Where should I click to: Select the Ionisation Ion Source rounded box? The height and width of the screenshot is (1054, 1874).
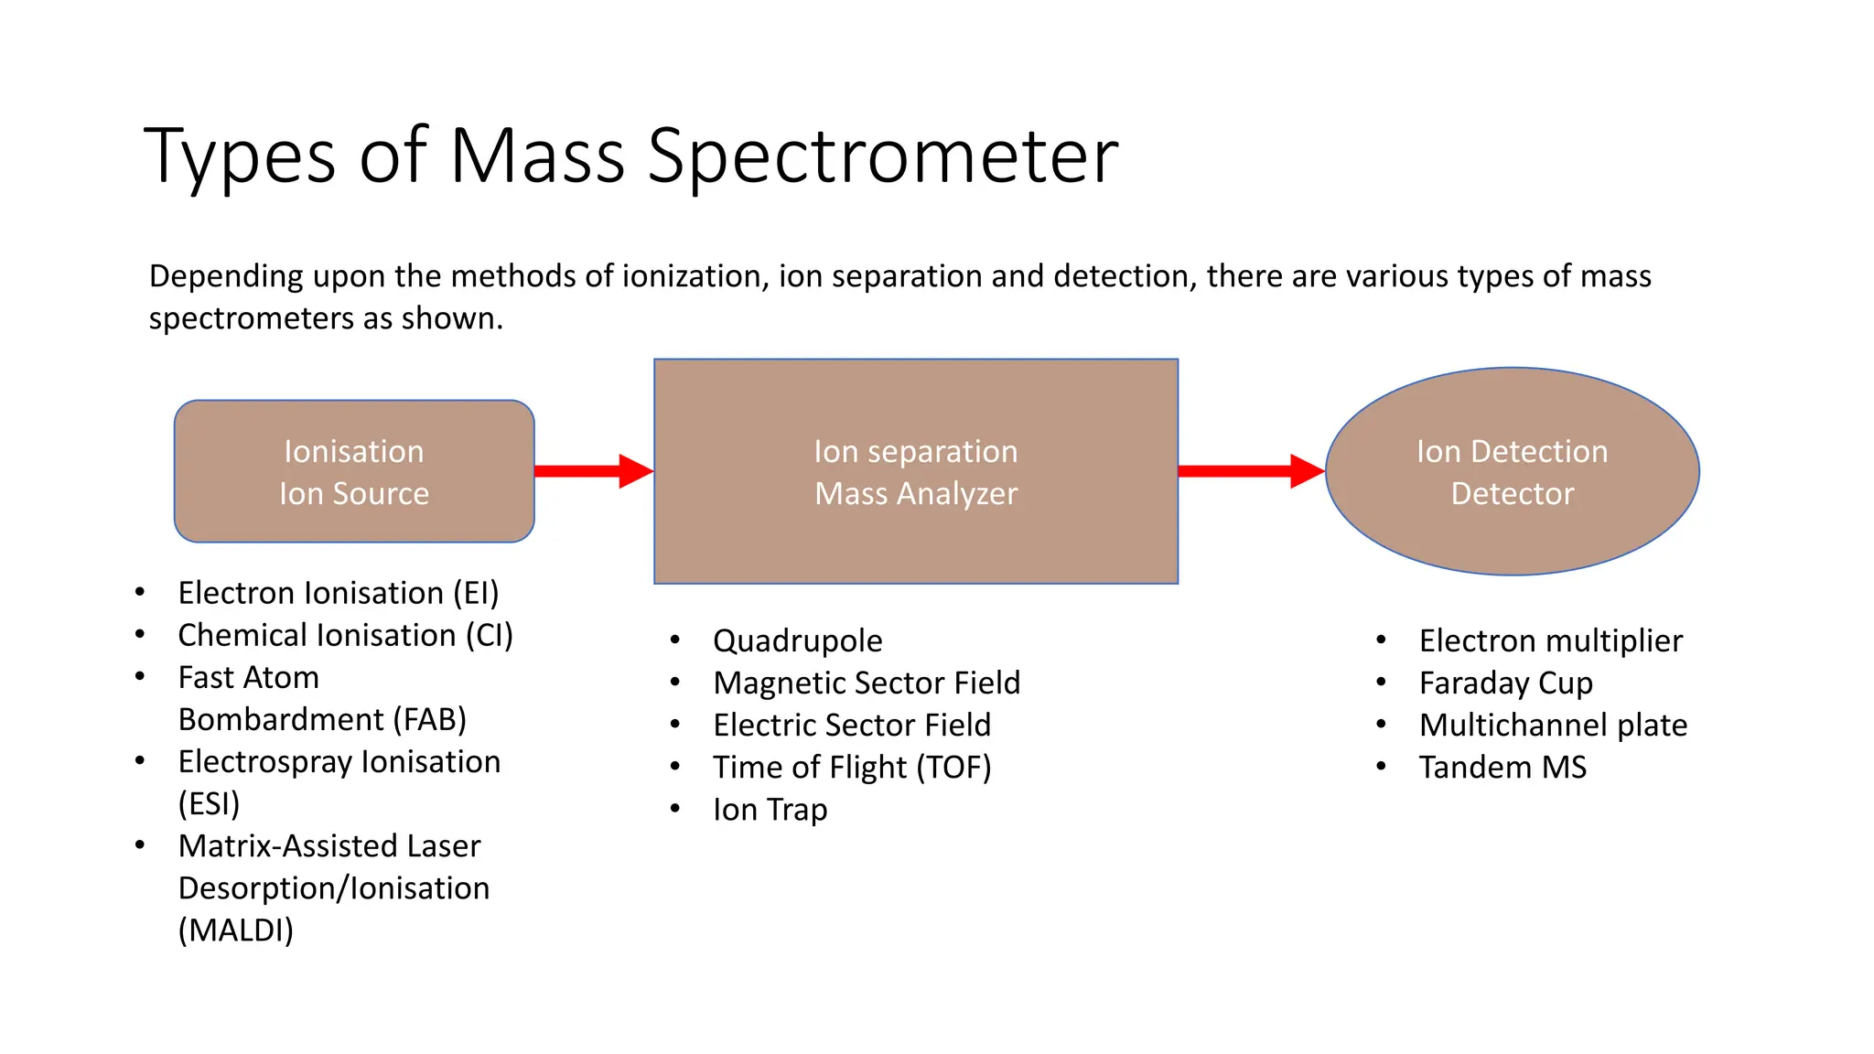(x=354, y=471)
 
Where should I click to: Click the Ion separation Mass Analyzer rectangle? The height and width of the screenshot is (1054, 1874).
(x=916, y=472)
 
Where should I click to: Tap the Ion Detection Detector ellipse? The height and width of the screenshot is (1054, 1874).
(x=1512, y=472)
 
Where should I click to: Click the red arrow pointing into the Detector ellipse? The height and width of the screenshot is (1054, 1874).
(x=1250, y=471)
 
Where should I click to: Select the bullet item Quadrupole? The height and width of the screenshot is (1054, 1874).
(x=797, y=640)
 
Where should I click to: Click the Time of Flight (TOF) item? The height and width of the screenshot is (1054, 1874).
(x=852, y=767)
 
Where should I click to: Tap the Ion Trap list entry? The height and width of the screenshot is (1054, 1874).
(x=770, y=810)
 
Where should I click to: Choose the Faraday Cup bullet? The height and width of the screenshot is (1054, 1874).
(x=1505, y=683)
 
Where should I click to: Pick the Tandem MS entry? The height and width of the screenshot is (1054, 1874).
(x=1502, y=767)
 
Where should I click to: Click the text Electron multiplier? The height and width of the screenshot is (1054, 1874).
(x=1550, y=640)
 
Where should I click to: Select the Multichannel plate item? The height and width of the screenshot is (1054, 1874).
(x=1553, y=725)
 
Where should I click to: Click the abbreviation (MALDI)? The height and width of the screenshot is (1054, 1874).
(x=236, y=930)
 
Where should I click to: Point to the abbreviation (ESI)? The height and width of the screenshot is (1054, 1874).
(x=209, y=804)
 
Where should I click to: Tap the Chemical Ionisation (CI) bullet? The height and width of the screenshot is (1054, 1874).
(x=345, y=635)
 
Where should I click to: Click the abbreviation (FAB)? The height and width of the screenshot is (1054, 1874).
(x=429, y=720)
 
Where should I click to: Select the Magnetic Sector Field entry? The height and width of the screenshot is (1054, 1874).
(x=867, y=683)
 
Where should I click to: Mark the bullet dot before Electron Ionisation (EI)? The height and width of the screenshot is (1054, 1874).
(x=140, y=592)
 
